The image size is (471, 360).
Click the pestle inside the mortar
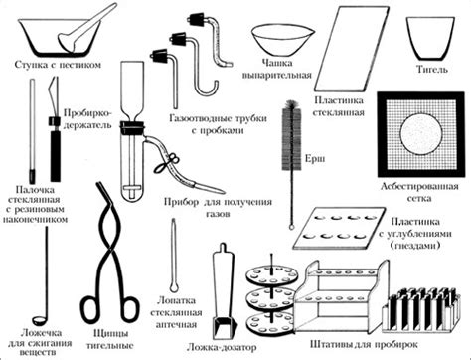pyautogui.click(x=86, y=28)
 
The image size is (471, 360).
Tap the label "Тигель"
pyautogui.click(x=432, y=70)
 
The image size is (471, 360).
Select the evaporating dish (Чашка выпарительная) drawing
pyautogui.click(x=282, y=40)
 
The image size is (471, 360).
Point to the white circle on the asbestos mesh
pyautogui.click(x=421, y=134)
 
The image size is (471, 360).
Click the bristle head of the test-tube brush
pyautogui.click(x=293, y=136)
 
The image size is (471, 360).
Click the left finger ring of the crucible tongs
pyautogui.click(x=91, y=309)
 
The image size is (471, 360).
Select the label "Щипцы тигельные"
pyautogui.click(x=110, y=339)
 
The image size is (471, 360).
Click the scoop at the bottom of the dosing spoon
pyautogui.click(x=225, y=328)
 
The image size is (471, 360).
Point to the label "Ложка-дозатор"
pyautogui.click(x=222, y=347)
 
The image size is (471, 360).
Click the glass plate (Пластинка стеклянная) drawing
pyautogui.click(x=351, y=49)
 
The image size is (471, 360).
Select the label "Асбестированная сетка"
pyautogui.click(x=419, y=192)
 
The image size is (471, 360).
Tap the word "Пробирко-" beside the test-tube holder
pyautogui.click(x=87, y=113)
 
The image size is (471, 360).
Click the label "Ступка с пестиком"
pyautogui.click(x=58, y=65)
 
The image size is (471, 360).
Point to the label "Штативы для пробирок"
pyautogui.click(x=364, y=344)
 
